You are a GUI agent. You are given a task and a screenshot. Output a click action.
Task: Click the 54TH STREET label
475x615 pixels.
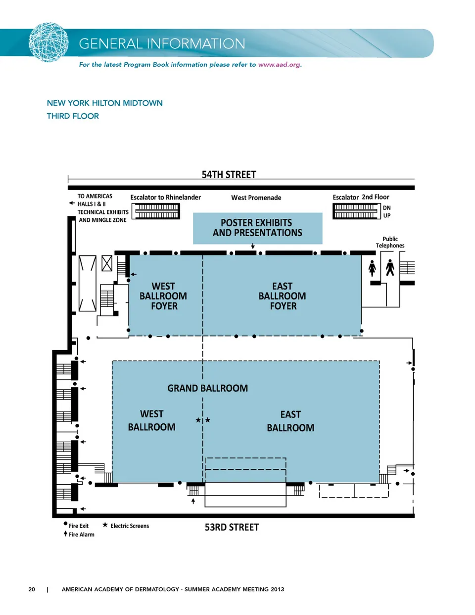click(229, 174)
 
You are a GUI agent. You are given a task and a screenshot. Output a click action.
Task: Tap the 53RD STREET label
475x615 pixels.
click(232, 527)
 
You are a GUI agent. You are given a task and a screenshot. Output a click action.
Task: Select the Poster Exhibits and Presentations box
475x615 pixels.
click(257, 228)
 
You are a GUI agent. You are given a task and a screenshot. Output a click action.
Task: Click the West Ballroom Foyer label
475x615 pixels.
click(163, 296)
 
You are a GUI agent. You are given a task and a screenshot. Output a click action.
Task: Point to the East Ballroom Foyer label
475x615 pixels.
click(283, 296)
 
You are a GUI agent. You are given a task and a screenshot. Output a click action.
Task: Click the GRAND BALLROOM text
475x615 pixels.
click(207, 388)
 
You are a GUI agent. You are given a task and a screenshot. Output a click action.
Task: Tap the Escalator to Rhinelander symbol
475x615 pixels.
click(155, 211)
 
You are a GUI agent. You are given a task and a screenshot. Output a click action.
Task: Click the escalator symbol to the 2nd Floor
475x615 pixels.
click(357, 211)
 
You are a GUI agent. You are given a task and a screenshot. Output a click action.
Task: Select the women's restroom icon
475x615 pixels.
click(372, 268)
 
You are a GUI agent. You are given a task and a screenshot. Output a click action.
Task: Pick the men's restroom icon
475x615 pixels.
click(390, 267)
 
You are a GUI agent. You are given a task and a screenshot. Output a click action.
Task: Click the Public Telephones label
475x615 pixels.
click(390, 242)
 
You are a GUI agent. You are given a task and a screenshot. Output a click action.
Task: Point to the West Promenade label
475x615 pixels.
click(256, 198)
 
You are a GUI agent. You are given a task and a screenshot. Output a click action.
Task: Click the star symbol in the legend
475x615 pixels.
click(105, 525)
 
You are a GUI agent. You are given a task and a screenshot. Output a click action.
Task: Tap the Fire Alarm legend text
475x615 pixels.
click(82, 534)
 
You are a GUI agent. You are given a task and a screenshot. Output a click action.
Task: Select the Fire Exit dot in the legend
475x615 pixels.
click(65, 524)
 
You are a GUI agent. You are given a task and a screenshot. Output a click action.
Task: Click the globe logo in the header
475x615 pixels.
click(48, 42)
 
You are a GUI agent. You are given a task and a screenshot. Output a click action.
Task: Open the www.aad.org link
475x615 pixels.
click(279, 65)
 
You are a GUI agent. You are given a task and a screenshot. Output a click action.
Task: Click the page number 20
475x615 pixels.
click(32, 589)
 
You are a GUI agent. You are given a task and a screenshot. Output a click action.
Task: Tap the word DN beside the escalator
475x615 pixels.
click(386, 208)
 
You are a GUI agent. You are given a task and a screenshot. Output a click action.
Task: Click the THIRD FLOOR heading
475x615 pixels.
click(73, 116)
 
